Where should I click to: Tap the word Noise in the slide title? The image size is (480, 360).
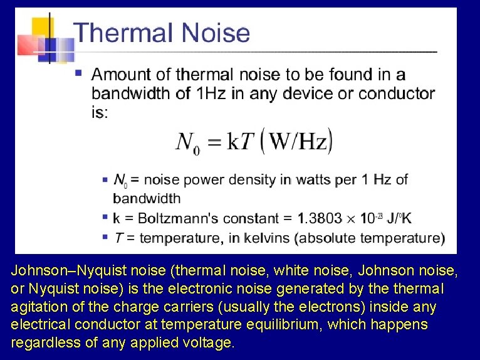(x=214, y=32)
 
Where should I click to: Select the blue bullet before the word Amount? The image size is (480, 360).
(x=78, y=73)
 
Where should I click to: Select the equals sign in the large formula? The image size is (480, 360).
(x=215, y=143)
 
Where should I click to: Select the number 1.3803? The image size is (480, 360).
(x=320, y=218)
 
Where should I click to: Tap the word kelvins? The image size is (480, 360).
(x=265, y=238)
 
